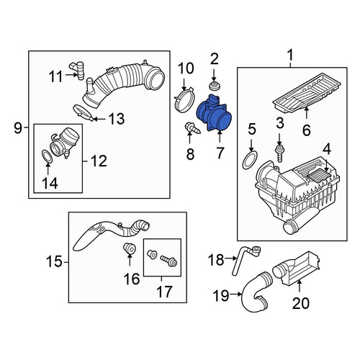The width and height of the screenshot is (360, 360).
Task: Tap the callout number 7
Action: tap(220, 153)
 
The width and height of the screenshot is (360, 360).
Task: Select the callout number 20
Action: tap(301, 303)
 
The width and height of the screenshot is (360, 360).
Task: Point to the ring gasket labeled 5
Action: tap(250, 160)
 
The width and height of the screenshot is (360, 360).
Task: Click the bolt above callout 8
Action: tap(192, 128)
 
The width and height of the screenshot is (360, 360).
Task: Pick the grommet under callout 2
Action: tap(214, 86)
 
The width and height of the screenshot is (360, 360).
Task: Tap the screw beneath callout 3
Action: tap(279, 152)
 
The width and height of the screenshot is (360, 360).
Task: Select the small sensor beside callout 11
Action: tap(77, 70)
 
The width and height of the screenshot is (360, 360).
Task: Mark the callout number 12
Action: tap(99, 161)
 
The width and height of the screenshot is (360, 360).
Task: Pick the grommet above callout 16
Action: tap(130, 248)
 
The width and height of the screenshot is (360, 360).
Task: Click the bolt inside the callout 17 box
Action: tap(169, 261)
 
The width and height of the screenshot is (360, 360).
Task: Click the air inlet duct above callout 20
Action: tap(296, 268)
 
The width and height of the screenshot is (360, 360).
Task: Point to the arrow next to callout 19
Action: tap(235, 294)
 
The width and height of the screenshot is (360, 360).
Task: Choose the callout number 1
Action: tap(290, 55)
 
